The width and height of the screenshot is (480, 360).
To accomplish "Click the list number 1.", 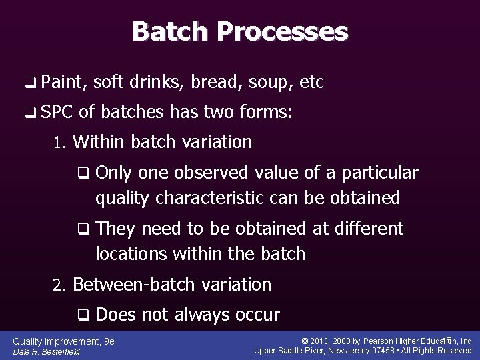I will point(58,143).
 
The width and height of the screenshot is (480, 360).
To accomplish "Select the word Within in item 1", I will point(99,142).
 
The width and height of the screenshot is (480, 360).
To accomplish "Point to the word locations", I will point(133,254).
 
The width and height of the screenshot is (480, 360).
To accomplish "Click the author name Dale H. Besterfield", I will point(46,352).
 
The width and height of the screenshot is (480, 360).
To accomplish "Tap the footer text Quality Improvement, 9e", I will point(63,341).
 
